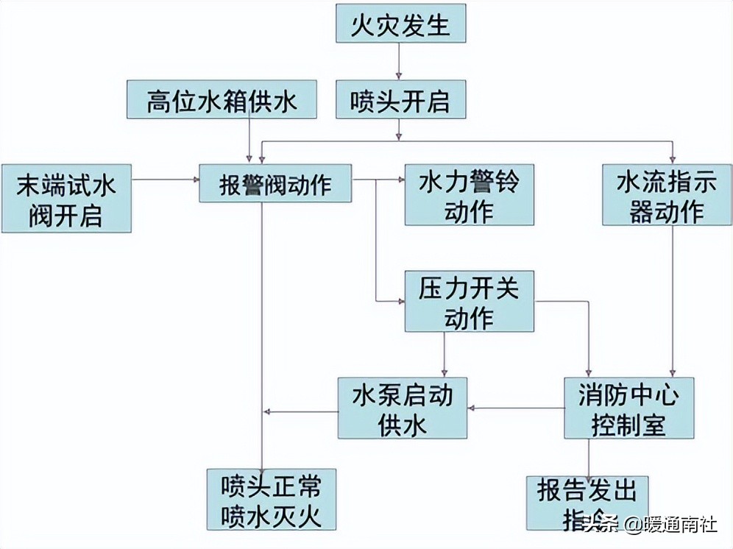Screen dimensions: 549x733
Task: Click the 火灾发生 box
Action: coord(402,24)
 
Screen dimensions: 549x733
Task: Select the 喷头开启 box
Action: coord(402,99)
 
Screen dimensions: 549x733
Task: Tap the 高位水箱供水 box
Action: coord(222,99)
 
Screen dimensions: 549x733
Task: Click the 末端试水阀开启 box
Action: coord(66,198)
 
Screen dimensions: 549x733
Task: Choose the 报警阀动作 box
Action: coord(276,183)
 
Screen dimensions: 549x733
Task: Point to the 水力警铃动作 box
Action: coord(469,194)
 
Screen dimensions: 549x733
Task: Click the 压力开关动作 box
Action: coord(469,300)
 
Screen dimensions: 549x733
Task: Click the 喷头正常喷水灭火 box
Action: coord(271,499)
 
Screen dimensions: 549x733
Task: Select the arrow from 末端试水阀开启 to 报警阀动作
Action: coord(166,178)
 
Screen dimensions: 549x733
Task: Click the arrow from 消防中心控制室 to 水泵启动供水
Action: coord(517,407)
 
